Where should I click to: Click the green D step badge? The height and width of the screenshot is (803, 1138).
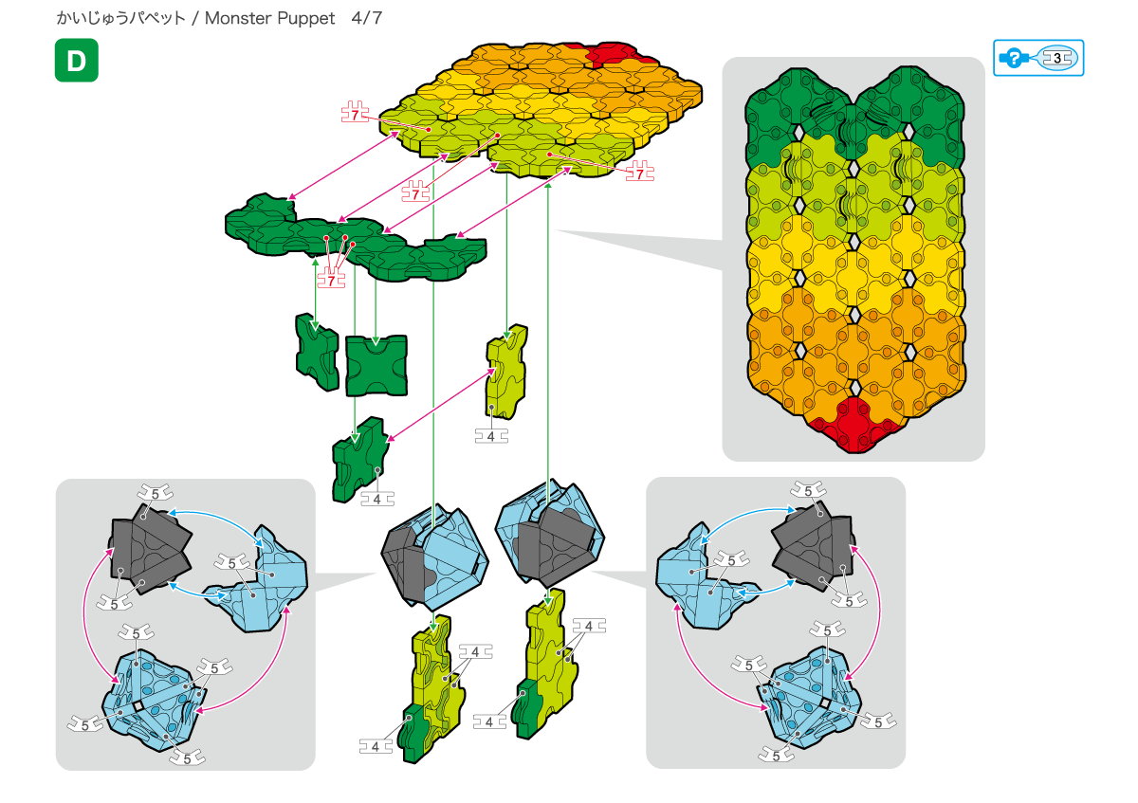coord(76,61)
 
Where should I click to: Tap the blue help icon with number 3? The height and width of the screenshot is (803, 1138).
coord(1037,58)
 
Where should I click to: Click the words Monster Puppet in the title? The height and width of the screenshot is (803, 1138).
coord(269,18)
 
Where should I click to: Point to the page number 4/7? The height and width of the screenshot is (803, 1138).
coord(366,18)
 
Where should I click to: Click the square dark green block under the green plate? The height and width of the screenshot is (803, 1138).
coord(376,365)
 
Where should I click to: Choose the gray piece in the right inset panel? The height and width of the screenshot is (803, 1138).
coord(813,551)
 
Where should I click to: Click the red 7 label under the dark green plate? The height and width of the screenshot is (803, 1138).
coord(331,280)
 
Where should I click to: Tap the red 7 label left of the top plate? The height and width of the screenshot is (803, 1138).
coord(355,114)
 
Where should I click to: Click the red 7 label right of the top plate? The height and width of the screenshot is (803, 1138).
coord(639,173)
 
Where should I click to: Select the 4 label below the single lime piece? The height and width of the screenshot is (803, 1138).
coord(491,436)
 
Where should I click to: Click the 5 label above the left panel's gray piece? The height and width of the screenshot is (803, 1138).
coord(155,493)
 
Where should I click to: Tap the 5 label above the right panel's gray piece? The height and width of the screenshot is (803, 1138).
coord(808,491)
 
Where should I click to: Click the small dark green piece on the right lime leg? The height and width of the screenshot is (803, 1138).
coord(527,708)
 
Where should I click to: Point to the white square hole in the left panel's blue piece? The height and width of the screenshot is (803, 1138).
coord(138,706)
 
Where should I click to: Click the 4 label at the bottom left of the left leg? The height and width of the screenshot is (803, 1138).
coord(376,747)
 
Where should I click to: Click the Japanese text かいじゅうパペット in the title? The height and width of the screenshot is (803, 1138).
coord(121,18)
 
